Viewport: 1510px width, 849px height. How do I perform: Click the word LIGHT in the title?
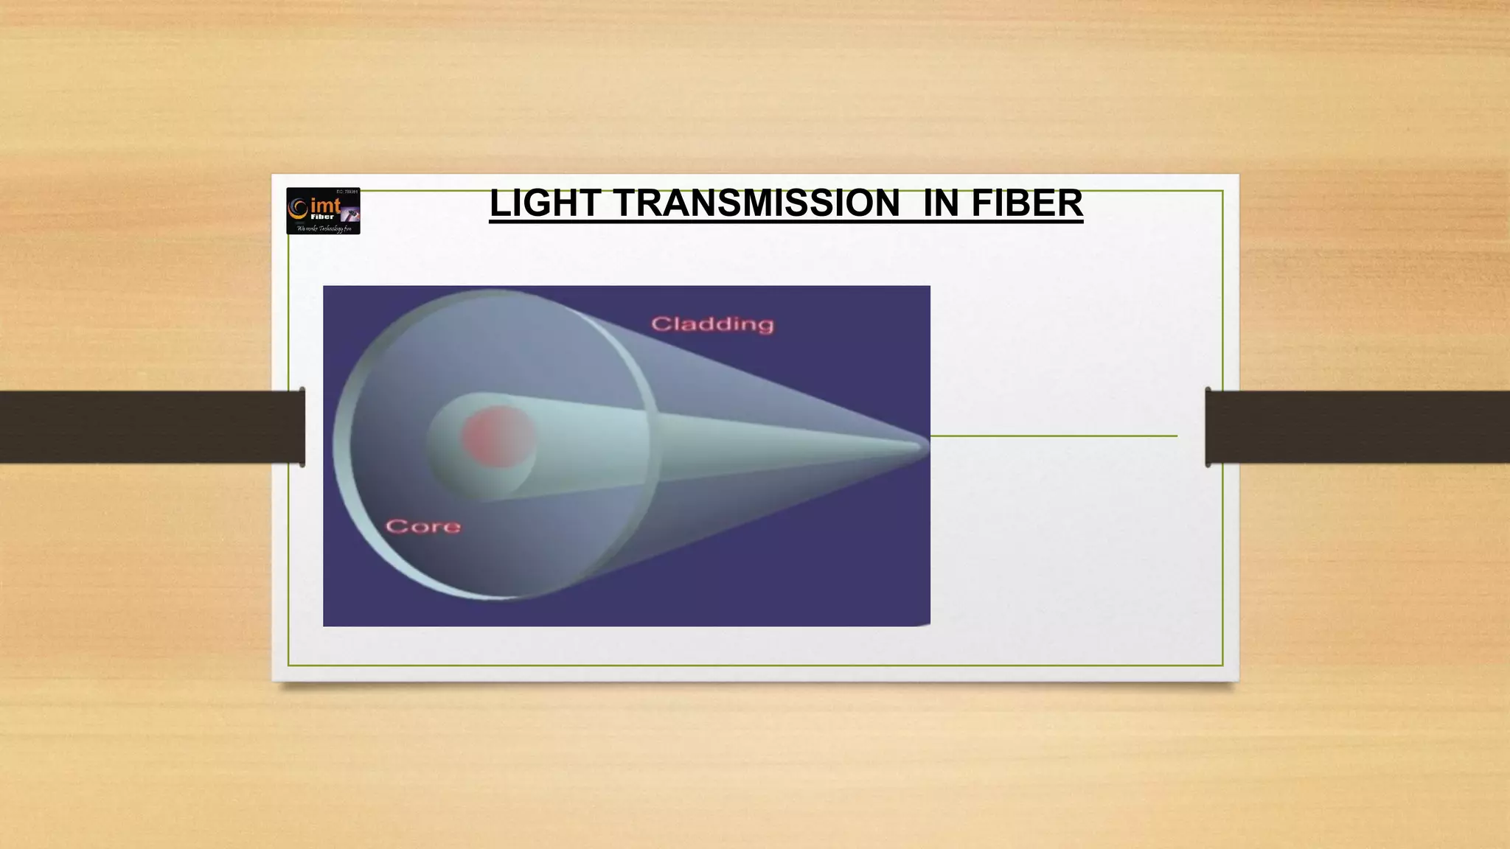[x=543, y=203]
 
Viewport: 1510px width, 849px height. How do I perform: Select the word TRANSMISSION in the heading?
[x=756, y=203]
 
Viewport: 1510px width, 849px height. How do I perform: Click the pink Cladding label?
[x=712, y=324]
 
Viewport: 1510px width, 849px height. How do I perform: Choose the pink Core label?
[x=423, y=526]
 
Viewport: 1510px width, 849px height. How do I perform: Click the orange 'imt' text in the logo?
[x=325, y=205]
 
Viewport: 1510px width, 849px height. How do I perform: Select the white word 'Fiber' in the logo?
[x=322, y=217]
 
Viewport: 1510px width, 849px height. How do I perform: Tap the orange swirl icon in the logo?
[x=297, y=209]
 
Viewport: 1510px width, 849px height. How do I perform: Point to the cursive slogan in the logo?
[x=323, y=228]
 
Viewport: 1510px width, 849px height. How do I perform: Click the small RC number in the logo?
[x=347, y=192]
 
